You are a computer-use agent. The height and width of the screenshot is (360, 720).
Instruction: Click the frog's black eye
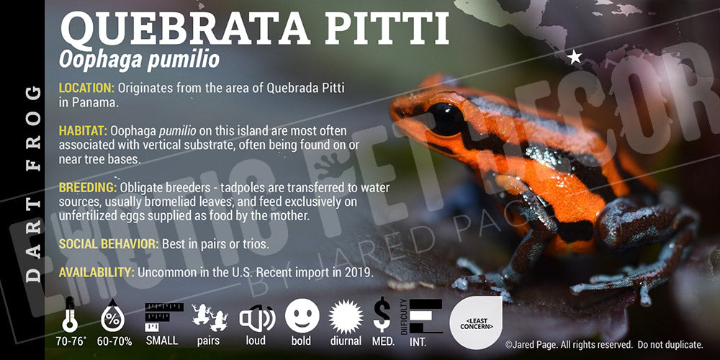tap(445, 119)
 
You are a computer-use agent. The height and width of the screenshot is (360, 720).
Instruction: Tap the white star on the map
tap(575, 57)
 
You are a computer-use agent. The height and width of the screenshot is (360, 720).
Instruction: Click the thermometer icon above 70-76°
tap(70, 315)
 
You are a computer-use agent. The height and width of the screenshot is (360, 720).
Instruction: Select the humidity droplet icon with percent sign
tap(113, 315)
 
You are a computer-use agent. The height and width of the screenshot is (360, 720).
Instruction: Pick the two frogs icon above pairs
tap(210, 318)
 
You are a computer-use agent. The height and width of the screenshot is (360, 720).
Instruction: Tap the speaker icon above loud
tap(257, 318)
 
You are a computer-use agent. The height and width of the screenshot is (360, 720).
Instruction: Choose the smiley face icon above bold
tap(302, 315)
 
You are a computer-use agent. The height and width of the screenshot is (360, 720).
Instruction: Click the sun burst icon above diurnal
tap(346, 316)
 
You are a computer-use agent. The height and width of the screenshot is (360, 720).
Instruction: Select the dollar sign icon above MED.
tap(382, 315)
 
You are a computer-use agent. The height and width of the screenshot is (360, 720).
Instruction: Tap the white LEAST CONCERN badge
tap(476, 323)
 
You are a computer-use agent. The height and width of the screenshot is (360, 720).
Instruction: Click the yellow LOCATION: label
tap(86, 88)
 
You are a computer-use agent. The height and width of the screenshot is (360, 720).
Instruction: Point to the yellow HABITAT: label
tap(83, 131)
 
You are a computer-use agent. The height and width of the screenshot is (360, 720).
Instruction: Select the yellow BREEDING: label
tap(88, 188)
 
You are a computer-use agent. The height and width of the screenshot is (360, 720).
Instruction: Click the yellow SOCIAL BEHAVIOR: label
tap(109, 244)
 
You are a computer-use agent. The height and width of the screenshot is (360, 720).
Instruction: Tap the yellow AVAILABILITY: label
tap(96, 272)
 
